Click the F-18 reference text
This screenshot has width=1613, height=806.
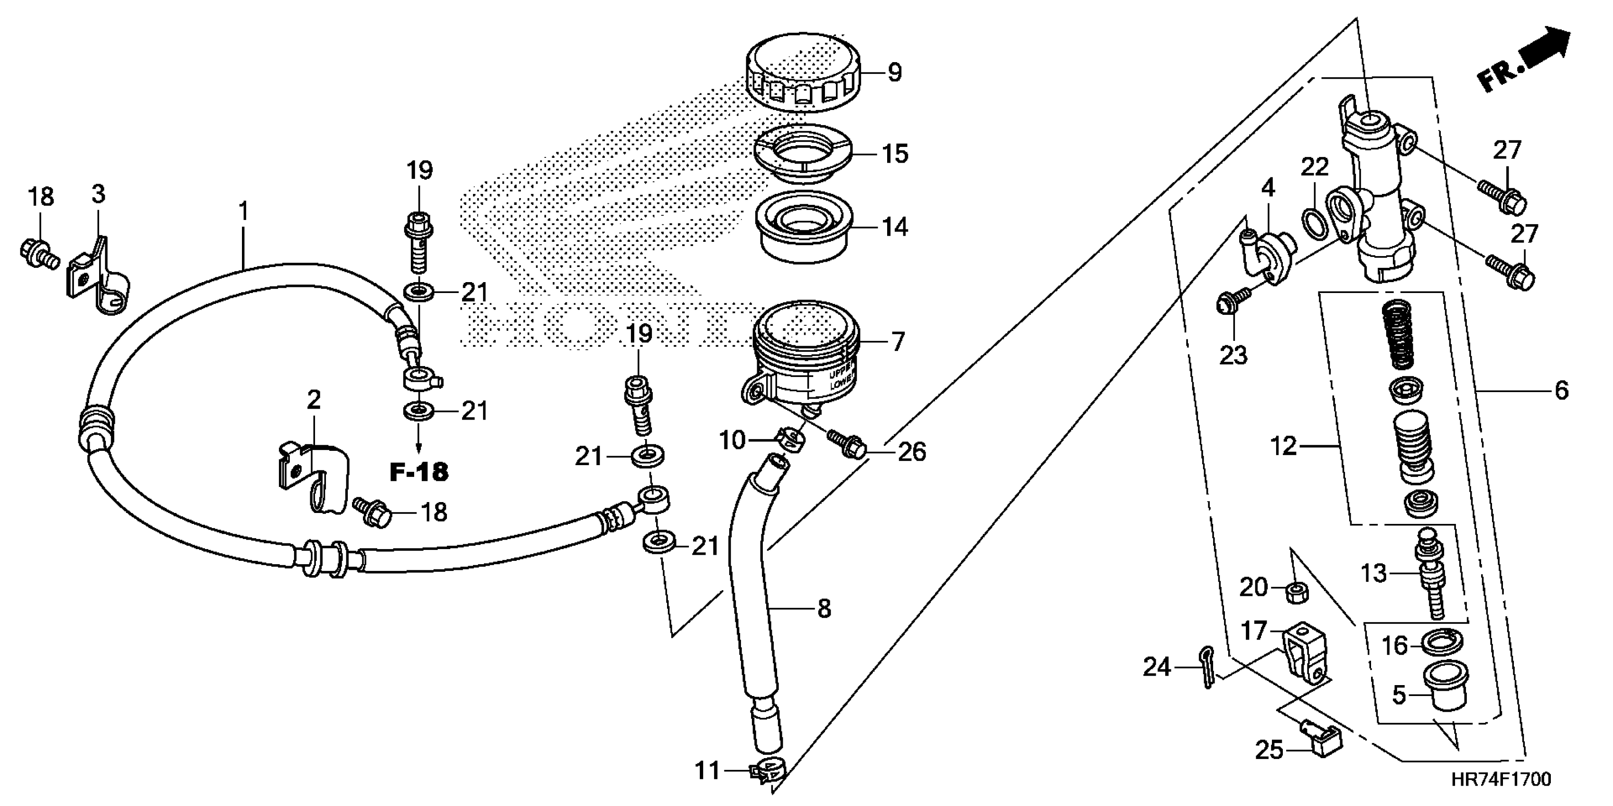[x=419, y=472]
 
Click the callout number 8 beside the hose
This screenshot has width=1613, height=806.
[x=824, y=608]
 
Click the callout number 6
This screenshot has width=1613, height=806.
[x=1562, y=391]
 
